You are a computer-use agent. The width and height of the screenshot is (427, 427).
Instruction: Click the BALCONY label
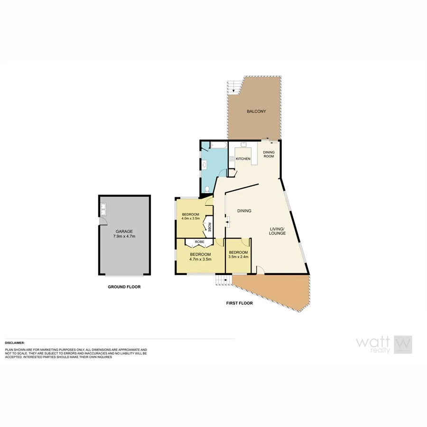[256, 111]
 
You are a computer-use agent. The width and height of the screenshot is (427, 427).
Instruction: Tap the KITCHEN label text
[243, 158]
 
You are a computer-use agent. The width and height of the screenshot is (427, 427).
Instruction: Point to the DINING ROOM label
[269, 155]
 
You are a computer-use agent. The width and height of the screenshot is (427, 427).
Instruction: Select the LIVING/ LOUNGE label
[277, 231]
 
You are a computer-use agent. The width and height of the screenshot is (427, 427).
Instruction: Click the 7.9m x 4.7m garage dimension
[124, 236]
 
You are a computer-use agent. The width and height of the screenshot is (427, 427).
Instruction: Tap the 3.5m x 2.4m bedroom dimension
[238, 257]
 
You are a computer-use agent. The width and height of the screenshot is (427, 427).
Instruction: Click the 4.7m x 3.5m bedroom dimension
[200, 260]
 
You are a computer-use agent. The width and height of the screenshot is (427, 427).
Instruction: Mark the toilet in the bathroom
[208, 189]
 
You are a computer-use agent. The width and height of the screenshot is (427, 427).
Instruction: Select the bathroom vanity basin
[204, 165]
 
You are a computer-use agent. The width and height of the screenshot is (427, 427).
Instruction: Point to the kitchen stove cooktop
[232, 159]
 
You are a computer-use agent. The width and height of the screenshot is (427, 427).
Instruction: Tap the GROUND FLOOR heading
[124, 287]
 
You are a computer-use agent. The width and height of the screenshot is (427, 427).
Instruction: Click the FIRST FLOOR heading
[239, 303]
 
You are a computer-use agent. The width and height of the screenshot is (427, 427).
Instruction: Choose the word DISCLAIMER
[15, 342]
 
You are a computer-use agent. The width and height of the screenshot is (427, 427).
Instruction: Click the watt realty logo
[384, 345]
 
